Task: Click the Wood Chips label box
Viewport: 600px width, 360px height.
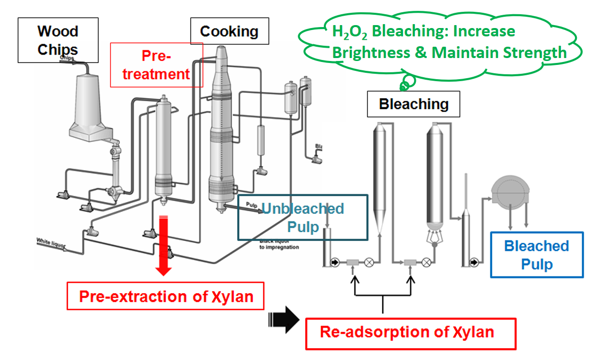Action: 58,40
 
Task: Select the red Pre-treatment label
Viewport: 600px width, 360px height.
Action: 156,64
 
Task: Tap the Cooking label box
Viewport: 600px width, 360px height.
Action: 229,32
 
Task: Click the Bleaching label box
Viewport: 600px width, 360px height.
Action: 413,104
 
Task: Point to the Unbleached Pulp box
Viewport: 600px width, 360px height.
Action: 302,217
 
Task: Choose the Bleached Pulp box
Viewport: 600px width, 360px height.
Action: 537,255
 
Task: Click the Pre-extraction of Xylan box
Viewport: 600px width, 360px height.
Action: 165,296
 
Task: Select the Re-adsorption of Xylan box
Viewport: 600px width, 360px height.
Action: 411,333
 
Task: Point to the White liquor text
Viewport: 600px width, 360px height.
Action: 51,242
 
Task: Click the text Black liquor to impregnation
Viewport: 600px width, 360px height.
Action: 279,244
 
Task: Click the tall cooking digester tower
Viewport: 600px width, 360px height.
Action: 221,128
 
